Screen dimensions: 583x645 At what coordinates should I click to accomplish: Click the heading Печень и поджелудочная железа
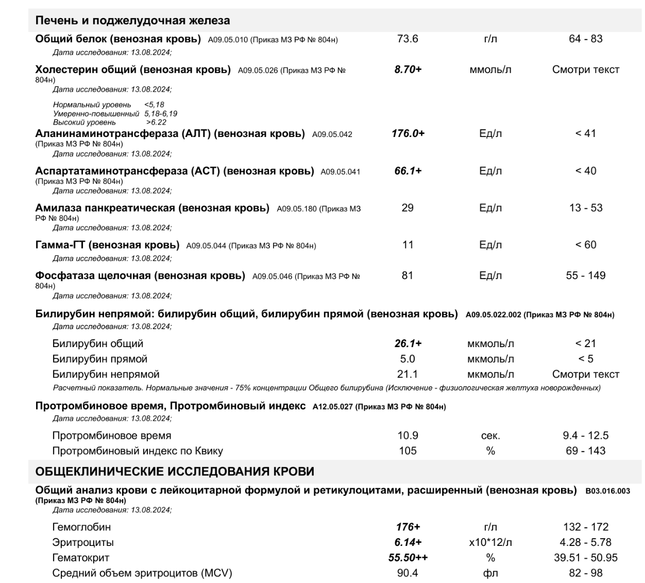click(x=132, y=21)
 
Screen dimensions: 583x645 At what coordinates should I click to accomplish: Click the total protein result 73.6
click(x=408, y=39)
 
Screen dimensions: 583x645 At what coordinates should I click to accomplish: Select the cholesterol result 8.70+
click(x=408, y=70)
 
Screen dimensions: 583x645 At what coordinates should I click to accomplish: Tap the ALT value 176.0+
click(x=408, y=133)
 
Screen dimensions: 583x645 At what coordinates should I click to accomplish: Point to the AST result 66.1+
click(x=408, y=171)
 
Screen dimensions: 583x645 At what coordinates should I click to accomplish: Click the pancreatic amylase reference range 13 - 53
click(x=585, y=208)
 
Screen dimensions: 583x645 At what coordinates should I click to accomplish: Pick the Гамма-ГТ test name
click(x=107, y=245)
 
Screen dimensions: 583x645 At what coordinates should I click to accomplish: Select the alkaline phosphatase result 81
click(x=408, y=276)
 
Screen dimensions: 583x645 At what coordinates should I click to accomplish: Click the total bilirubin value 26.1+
click(x=408, y=344)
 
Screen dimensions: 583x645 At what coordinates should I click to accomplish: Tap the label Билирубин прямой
click(x=99, y=359)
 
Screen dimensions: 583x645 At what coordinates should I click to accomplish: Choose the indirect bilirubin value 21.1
click(x=408, y=374)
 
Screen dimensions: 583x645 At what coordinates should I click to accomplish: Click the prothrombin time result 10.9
click(x=408, y=436)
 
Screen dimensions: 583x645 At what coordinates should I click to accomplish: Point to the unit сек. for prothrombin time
click(x=490, y=436)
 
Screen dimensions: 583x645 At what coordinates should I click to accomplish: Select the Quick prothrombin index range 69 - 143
click(x=585, y=451)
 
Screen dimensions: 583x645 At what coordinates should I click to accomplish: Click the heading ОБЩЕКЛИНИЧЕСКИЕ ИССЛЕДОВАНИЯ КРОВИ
click(x=175, y=472)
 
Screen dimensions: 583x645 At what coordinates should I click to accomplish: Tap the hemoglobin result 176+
click(x=408, y=527)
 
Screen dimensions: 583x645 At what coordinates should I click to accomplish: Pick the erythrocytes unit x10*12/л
click(x=490, y=543)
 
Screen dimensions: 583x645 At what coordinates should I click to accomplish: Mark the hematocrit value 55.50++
click(x=408, y=558)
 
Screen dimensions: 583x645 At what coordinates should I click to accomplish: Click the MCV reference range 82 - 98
click(x=585, y=573)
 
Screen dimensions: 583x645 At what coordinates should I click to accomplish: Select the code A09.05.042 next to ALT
click(x=332, y=134)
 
